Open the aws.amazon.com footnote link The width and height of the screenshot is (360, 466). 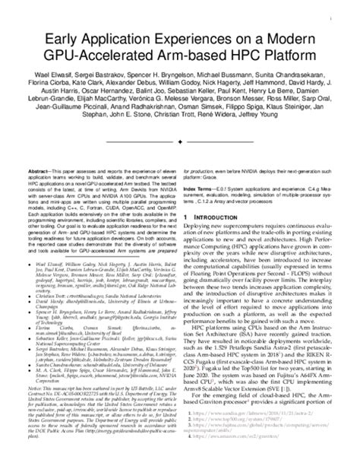[228, 449]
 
